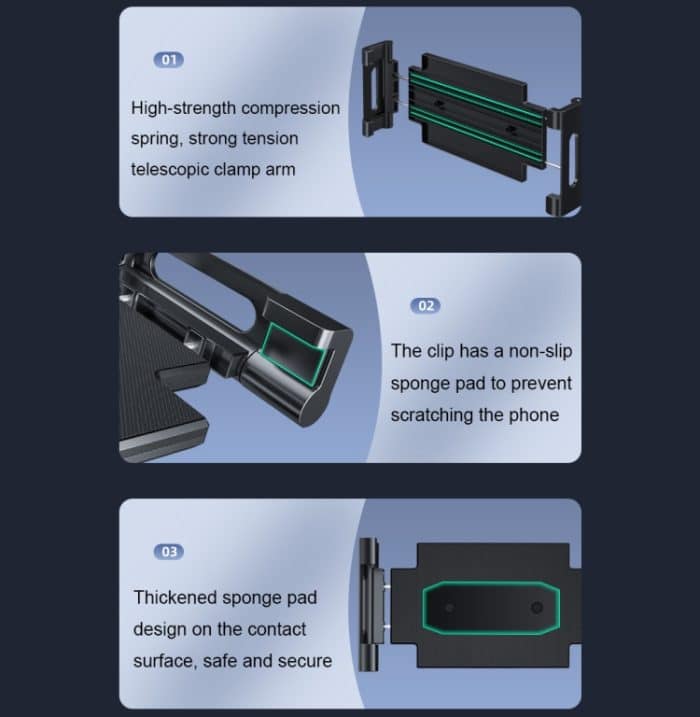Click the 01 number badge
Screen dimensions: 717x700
(168, 60)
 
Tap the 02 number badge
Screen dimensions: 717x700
(426, 305)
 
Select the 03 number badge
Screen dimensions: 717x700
(168, 551)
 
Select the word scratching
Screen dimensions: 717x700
(431, 414)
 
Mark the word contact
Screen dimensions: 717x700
(276, 629)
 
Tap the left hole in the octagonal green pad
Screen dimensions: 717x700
(449, 608)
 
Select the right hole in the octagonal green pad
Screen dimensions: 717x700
(537, 608)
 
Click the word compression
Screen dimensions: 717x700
(290, 108)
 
